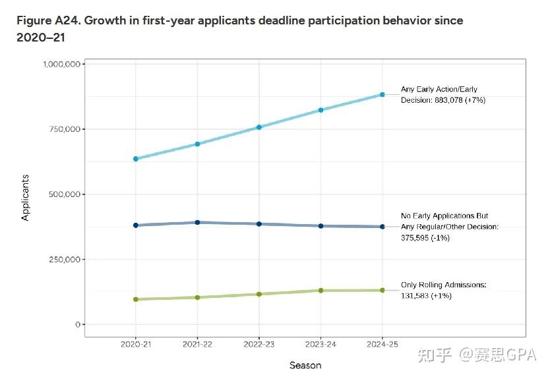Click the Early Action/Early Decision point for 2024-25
tap(382, 95)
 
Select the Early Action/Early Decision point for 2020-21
tap(136, 159)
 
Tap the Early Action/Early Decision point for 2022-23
tap(259, 127)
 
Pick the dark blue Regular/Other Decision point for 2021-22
tap(197, 222)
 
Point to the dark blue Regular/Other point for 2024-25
tap(382, 227)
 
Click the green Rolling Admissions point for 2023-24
tap(321, 290)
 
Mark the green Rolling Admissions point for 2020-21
tap(136, 299)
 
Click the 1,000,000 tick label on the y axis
tap(62, 64)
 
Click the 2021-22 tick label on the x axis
tap(197, 344)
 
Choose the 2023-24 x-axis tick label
tap(321, 344)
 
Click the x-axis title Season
tap(305, 364)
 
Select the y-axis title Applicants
tap(25, 197)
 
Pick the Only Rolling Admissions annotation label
tap(443, 285)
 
